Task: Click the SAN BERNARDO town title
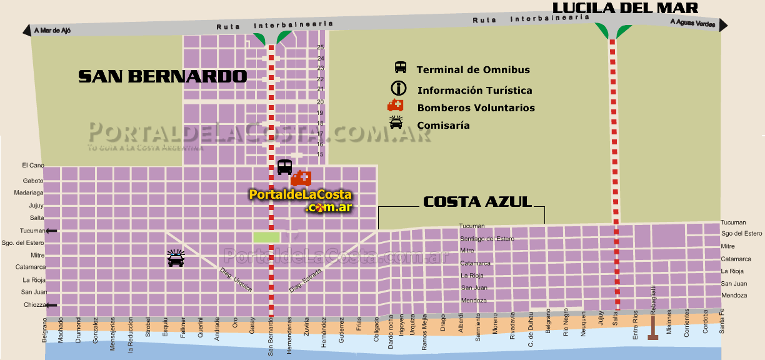pos(162,76)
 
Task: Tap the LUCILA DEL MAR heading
pos(625,7)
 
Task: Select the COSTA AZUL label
pos(477,201)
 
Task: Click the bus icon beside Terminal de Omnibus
pos(401,67)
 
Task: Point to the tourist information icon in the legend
pos(399,88)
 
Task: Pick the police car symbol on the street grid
pos(176,258)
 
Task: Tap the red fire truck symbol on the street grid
pos(301,178)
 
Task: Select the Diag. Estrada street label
pos(306,281)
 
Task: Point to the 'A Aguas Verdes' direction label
pos(692,22)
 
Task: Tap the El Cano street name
pos(33,166)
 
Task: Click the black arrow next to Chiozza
pos(51,305)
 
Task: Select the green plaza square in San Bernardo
pos(266,237)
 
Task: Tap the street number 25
pos(321,47)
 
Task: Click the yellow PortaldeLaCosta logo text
pos(301,195)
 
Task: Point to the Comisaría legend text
pos(443,126)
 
